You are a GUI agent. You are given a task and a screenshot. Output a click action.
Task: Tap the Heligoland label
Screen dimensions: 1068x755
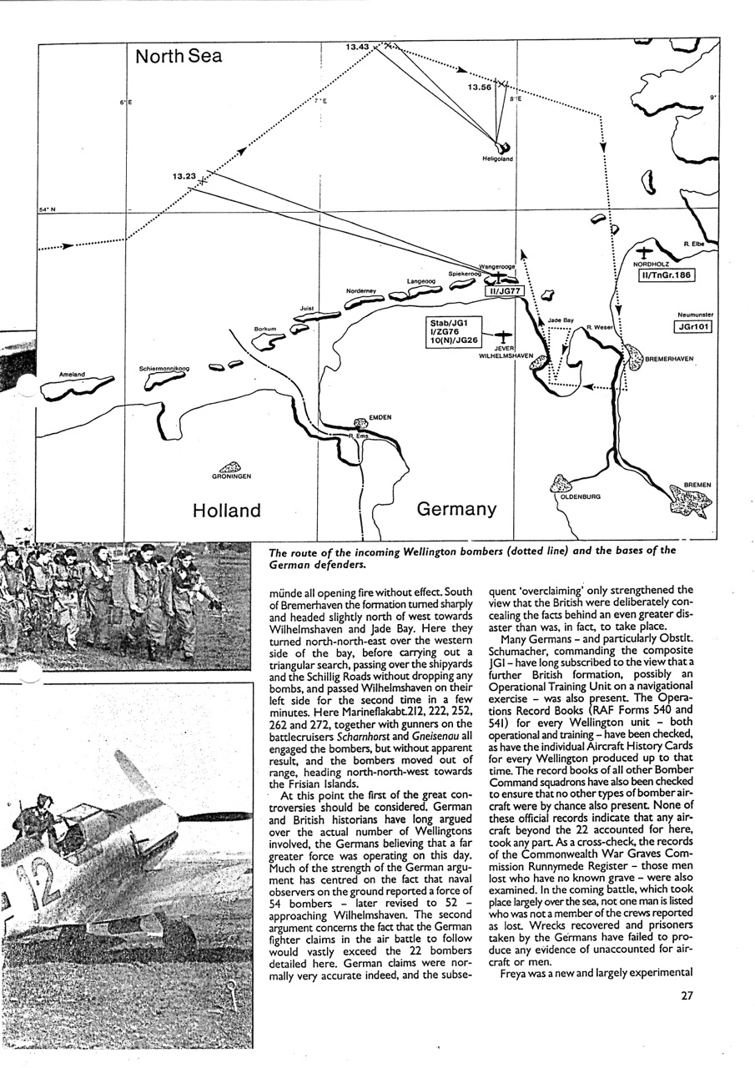click(497, 159)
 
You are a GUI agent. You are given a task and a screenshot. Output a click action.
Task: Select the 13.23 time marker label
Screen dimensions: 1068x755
click(184, 176)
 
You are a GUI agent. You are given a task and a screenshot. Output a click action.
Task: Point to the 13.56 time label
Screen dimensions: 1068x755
click(479, 87)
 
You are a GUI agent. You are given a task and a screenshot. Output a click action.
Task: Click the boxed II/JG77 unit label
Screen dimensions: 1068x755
click(503, 290)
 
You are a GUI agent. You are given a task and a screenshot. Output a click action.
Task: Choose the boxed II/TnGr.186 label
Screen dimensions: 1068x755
click(666, 275)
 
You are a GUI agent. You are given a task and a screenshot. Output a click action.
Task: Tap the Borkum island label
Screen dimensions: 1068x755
click(264, 330)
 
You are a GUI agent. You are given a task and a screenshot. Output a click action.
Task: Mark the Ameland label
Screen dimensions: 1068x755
click(73, 375)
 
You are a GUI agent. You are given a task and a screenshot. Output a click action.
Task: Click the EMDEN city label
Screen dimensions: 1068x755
click(380, 417)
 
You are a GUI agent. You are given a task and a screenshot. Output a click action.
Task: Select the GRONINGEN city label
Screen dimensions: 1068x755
click(232, 477)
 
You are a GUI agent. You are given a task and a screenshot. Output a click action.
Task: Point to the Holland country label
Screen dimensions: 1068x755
click(226, 510)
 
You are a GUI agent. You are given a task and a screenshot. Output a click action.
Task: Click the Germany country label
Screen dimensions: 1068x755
click(456, 508)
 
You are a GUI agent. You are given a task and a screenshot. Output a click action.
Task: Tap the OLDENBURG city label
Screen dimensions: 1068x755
click(576, 496)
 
